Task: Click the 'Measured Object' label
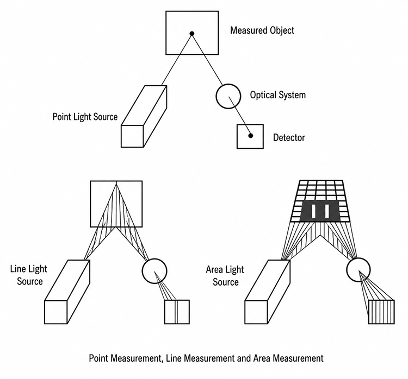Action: point(262,30)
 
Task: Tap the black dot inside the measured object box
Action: point(192,34)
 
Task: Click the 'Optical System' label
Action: point(277,95)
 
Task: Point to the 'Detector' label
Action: point(289,137)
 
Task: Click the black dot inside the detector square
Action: point(251,136)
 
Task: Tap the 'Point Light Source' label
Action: point(85,117)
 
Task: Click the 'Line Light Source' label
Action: point(29,275)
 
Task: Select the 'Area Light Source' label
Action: point(225,276)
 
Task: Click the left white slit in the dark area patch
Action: point(313,211)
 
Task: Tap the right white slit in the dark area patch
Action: point(327,211)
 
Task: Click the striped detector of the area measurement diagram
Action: point(382,312)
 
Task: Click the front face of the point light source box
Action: point(132,136)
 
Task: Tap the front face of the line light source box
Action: point(56,312)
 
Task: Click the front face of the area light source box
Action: point(256,312)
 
